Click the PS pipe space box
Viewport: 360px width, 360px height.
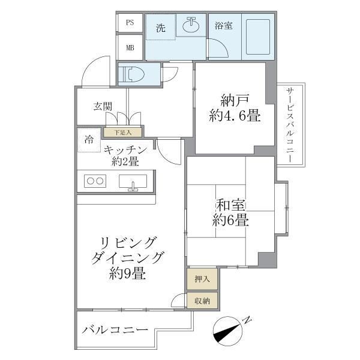coord(130,23)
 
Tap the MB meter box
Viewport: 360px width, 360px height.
coord(130,47)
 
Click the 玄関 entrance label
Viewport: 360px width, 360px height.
coord(103,107)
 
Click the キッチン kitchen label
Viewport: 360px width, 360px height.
coord(124,150)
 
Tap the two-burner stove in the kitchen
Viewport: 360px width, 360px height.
coord(95,180)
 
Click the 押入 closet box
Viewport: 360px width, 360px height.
coord(202,278)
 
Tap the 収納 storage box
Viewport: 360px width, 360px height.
coord(202,301)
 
